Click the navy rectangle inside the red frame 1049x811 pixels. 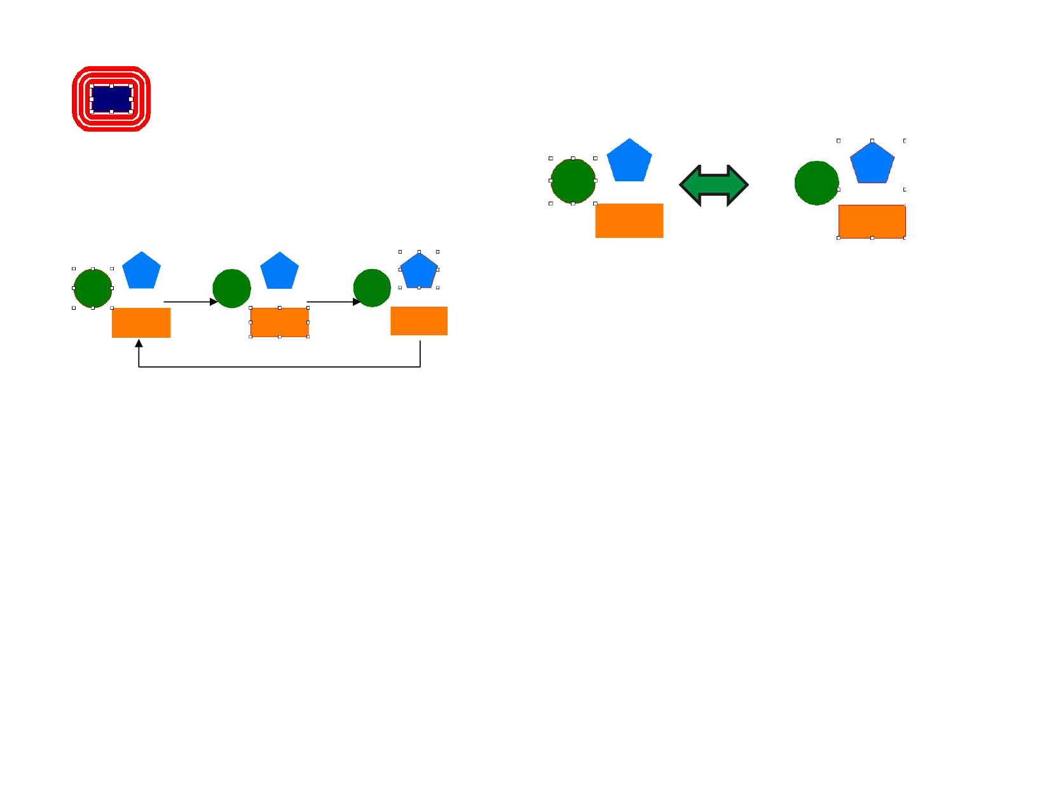(x=111, y=99)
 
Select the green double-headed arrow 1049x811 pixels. (x=714, y=186)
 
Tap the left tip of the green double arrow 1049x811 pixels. (x=682, y=186)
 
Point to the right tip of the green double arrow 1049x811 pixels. (x=747, y=186)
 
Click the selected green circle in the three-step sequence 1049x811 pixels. (x=93, y=288)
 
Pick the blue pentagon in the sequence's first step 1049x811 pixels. (x=141, y=272)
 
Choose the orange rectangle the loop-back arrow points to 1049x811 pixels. (x=141, y=322)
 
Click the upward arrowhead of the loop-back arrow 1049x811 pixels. (x=139, y=343)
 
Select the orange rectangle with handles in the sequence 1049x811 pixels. (x=279, y=322)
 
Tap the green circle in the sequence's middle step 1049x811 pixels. (x=231, y=288)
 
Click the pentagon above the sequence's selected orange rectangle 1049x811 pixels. (x=279, y=272)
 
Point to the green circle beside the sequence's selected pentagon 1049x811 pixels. (x=372, y=288)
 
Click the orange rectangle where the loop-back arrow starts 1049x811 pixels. (x=419, y=321)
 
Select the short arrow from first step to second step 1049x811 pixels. (x=189, y=302)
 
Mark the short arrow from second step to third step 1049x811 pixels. (x=333, y=302)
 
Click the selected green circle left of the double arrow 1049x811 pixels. (x=573, y=181)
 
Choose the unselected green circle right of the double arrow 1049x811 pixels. (x=816, y=183)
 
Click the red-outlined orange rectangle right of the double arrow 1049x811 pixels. (x=872, y=221)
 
